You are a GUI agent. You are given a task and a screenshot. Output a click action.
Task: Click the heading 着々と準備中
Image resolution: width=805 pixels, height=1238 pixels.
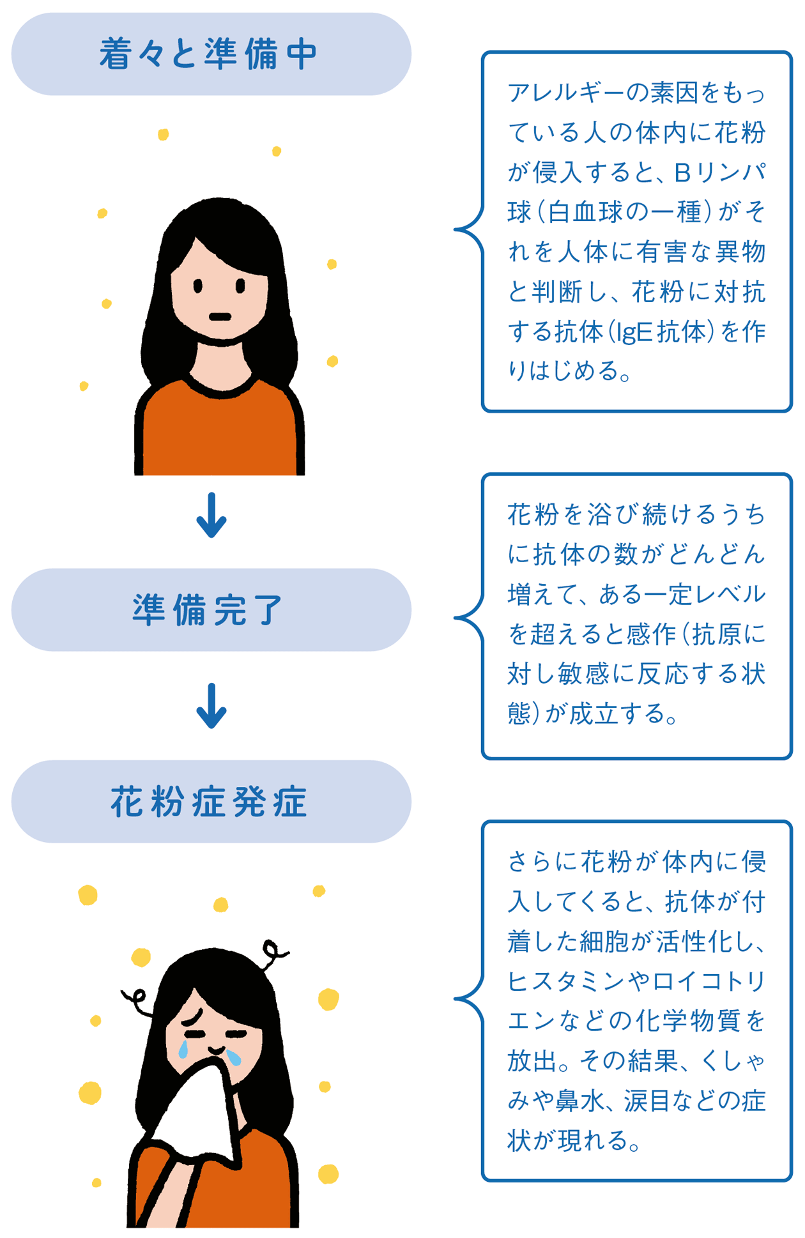pyautogui.click(x=209, y=54)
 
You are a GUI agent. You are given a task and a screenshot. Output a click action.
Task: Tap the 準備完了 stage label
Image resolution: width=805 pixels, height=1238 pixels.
pyautogui.click(x=209, y=610)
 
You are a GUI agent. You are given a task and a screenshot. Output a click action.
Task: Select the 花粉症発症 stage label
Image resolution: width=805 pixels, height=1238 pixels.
pyautogui.click(x=209, y=802)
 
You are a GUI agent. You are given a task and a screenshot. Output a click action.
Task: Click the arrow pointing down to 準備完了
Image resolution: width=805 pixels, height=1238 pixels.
pyautogui.click(x=211, y=515)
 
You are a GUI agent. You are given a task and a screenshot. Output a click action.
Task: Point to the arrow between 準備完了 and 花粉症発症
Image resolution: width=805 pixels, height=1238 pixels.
pyautogui.click(x=211, y=706)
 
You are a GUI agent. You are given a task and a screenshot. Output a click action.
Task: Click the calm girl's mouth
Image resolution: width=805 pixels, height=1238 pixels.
pyautogui.click(x=220, y=317)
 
